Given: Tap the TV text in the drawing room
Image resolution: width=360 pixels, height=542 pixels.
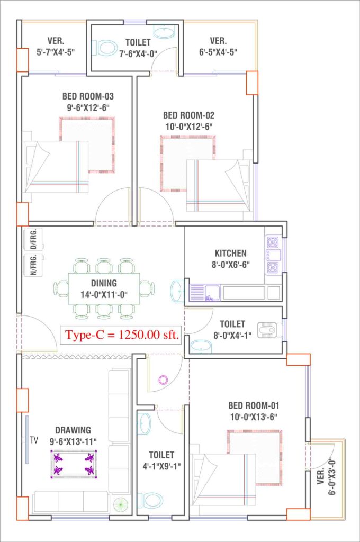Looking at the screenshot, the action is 34,440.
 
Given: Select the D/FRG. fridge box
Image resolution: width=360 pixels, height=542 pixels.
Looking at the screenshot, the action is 33,239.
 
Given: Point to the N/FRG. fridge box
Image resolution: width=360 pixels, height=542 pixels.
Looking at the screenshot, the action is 33,265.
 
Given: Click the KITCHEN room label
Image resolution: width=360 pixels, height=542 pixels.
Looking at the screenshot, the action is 231,253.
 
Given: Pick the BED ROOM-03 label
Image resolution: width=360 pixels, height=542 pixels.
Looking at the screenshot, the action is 88,96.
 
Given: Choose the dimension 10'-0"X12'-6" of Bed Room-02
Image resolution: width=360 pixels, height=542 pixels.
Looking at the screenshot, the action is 189,127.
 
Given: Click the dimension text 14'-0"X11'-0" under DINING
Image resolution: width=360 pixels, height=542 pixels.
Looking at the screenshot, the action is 104,295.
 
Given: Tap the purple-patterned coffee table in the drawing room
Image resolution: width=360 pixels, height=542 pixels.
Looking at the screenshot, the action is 74,464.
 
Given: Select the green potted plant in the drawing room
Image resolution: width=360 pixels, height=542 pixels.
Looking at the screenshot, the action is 120,505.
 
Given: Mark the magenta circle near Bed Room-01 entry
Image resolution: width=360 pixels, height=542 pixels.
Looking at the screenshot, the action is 163,380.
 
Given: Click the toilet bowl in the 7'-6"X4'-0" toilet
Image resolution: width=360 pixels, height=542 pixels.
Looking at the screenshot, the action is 104,48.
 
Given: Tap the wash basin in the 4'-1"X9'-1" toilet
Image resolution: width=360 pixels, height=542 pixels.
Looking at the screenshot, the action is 144,423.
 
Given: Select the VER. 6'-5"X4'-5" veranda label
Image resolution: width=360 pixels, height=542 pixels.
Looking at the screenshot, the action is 218,47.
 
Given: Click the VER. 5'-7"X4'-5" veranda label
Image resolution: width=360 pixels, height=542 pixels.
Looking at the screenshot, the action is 56,47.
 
